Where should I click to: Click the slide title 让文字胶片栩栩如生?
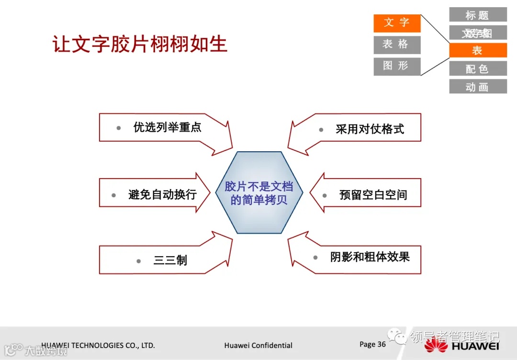click(x=140, y=44)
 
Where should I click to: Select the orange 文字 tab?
click(x=397, y=23)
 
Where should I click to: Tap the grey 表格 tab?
click(x=397, y=45)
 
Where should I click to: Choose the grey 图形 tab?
click(x=397, y=66)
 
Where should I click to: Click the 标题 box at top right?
click(x=477, y=15)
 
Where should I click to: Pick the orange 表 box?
click(x=477, y=51)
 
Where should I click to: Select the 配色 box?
click(x=477, y=69)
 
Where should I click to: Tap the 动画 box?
click(x=477, y=87)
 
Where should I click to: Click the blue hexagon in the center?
click(x=259, y=192)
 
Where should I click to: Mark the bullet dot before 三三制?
click(x=138, y=261)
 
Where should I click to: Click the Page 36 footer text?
click(x=372, y=344)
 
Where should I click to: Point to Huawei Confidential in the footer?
click(x=258, y=345)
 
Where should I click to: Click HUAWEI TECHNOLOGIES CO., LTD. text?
click(x=98, y=345)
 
